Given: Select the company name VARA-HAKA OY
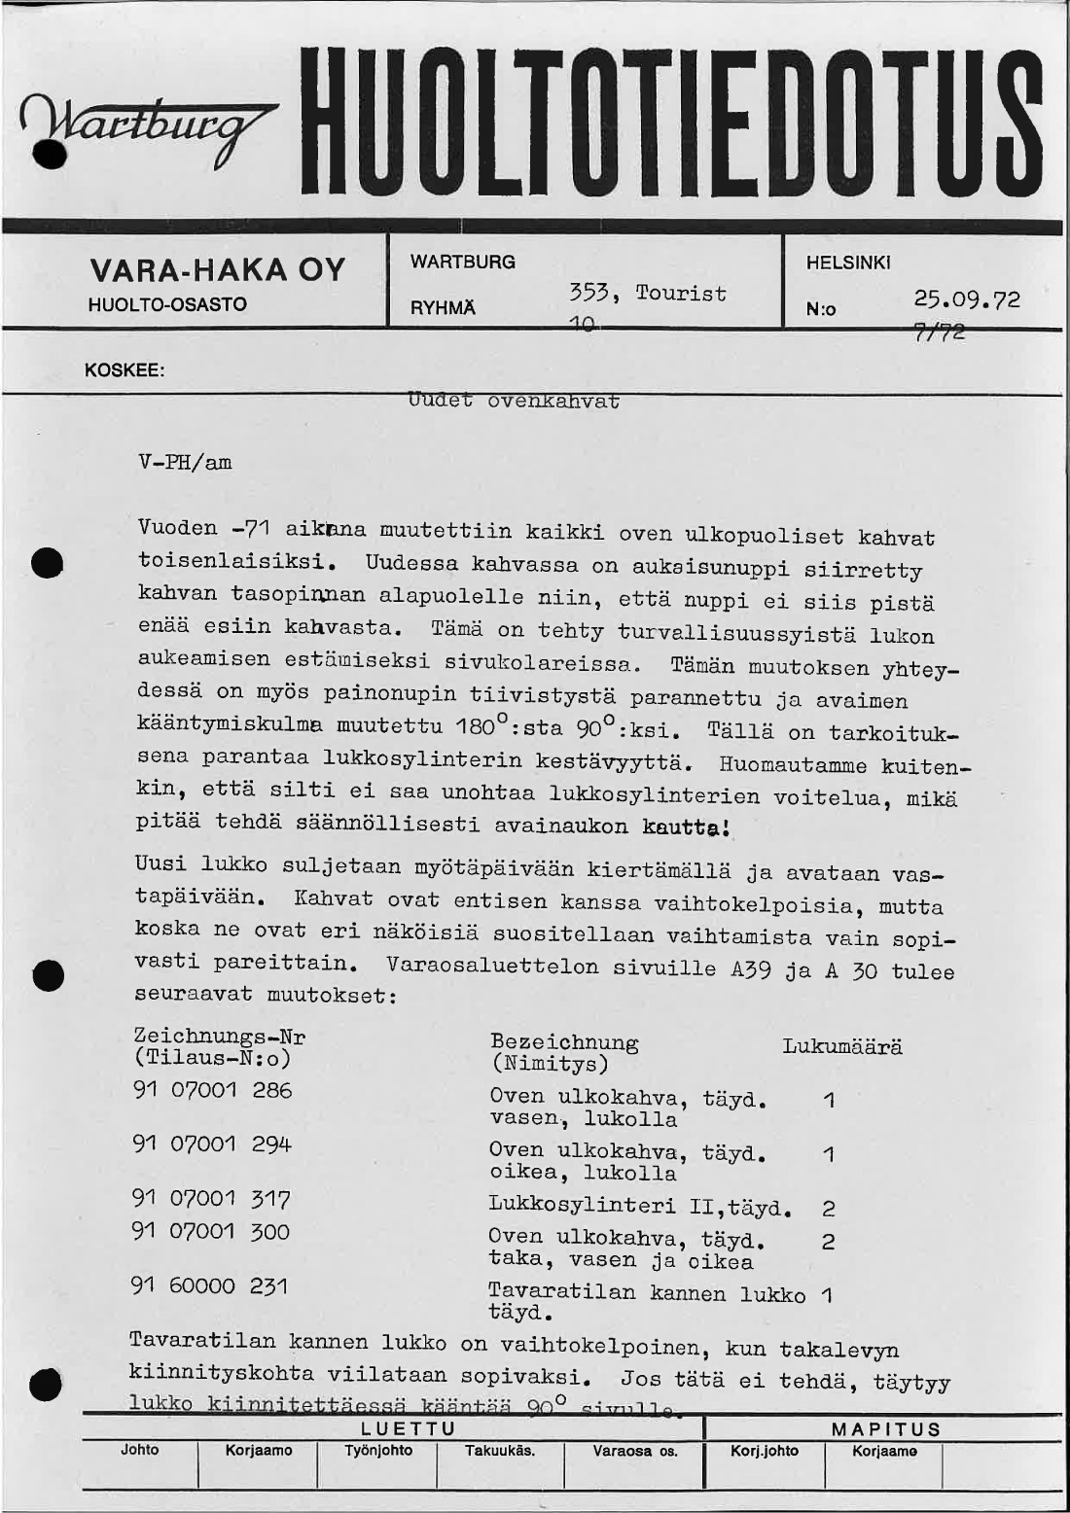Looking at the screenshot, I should [x=217, y=269].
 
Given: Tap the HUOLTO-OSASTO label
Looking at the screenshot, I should [x=167, y=304].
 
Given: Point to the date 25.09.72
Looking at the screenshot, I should [x=967, y=299].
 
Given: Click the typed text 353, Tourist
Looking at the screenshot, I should [x=648, y=293].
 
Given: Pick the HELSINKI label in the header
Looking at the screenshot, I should [x=848, y=263].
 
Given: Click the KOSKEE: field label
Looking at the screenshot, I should [x=125, y=370].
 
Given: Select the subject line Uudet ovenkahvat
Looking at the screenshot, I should [x=514, y=401].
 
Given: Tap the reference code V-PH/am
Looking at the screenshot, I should [x=186, y=462].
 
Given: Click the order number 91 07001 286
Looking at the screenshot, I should [x=212, y=1090].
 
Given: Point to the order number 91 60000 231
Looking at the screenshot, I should [x=209, y=1285].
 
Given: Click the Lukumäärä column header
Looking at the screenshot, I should [x=842, y=1046].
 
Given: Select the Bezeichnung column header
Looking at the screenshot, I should [x=564, y=1043].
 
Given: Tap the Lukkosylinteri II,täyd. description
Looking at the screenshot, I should [x=639, y=1207].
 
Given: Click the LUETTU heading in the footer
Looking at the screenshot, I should [x=408, y=1428].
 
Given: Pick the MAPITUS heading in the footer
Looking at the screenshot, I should [x=886, y=1428].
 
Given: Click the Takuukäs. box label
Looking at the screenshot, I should [x=499, y=1450].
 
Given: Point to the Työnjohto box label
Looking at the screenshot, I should [x=378, y=1450].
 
